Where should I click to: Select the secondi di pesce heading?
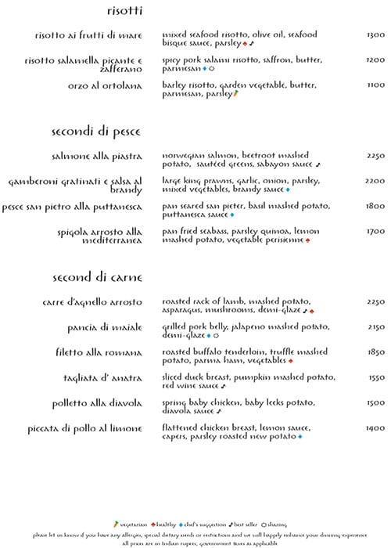[x=91, y=131]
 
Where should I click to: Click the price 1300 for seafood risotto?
[x=375, y=35]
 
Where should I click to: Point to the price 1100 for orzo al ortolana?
[x=375, y=85]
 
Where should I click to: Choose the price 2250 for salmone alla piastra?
[x=375, y=155]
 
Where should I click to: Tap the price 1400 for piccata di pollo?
[x=375, y=428]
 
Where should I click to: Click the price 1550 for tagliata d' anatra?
[x=375, y=377]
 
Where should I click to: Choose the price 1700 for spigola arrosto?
[x=375, y=231]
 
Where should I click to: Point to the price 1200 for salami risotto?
[x=375, y=59]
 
